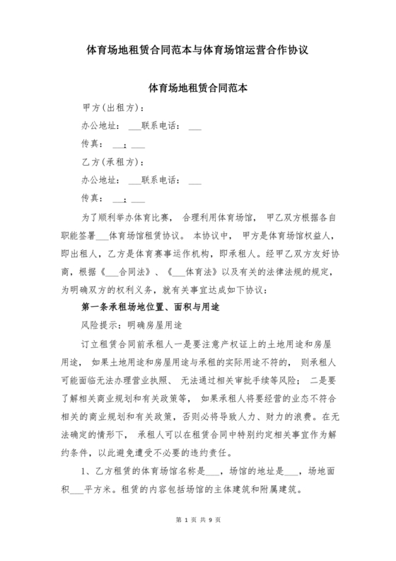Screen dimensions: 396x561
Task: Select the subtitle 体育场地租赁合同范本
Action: click(198, 90)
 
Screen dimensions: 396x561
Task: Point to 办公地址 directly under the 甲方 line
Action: click(100, 126)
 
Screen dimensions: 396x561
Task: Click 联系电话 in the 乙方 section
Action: click(162, 179)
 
